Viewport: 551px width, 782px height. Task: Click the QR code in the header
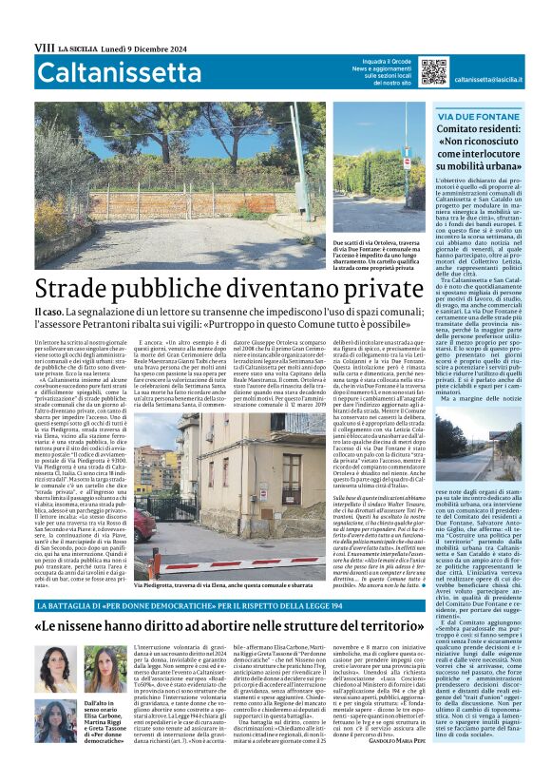433,71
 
